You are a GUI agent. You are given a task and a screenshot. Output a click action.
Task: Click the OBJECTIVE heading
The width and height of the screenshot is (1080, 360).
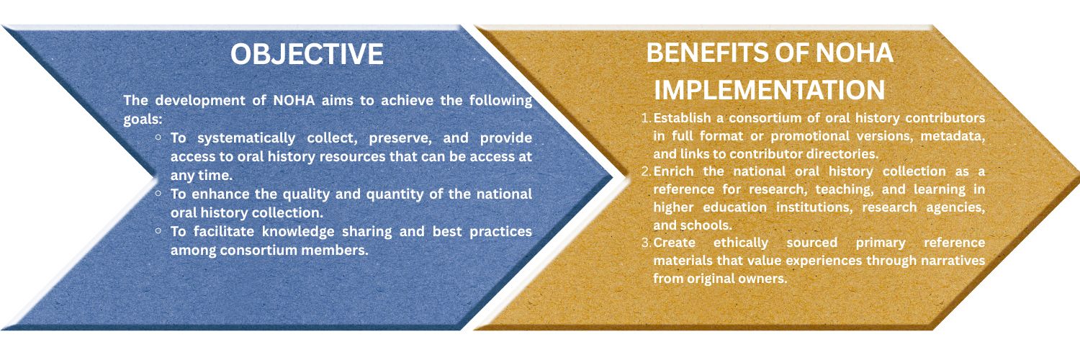(307, 53)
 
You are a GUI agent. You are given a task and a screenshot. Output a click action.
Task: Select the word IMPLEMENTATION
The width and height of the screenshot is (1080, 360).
(770, 89)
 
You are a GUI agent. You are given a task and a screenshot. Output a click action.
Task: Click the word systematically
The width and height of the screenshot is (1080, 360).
(246, 138)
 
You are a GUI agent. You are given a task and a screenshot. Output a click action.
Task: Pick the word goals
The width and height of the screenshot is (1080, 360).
(143, 120)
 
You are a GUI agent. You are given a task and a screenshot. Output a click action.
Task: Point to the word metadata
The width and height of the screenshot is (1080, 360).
(953, 136)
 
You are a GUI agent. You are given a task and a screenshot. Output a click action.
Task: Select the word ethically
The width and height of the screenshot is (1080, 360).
(741, 243)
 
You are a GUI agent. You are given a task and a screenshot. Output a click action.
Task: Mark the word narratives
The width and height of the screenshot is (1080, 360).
(953, 261)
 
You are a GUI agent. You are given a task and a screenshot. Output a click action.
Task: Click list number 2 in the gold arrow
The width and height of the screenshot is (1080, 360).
(647, 171)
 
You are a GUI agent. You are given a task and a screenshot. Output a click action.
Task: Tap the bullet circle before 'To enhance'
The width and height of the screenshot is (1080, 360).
(158, 194)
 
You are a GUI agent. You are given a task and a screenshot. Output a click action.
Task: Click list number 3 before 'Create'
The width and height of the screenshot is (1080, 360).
(647, 243)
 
